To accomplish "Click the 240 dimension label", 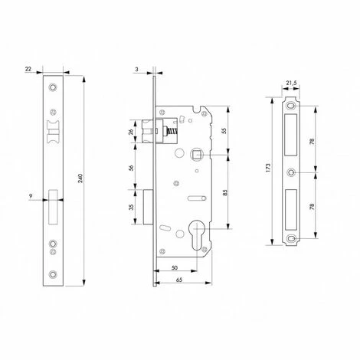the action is point(80,178).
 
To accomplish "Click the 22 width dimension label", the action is point(28,69).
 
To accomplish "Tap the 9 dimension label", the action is point(31,196).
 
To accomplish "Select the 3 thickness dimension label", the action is point(136,69).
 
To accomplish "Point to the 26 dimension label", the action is point(131,132).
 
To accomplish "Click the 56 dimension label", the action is point(131,168).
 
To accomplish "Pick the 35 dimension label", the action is point(131,207).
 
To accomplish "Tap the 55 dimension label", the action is point(224,130).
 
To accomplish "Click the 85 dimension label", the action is point(224,192).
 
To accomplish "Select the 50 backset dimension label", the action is point(175,267).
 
